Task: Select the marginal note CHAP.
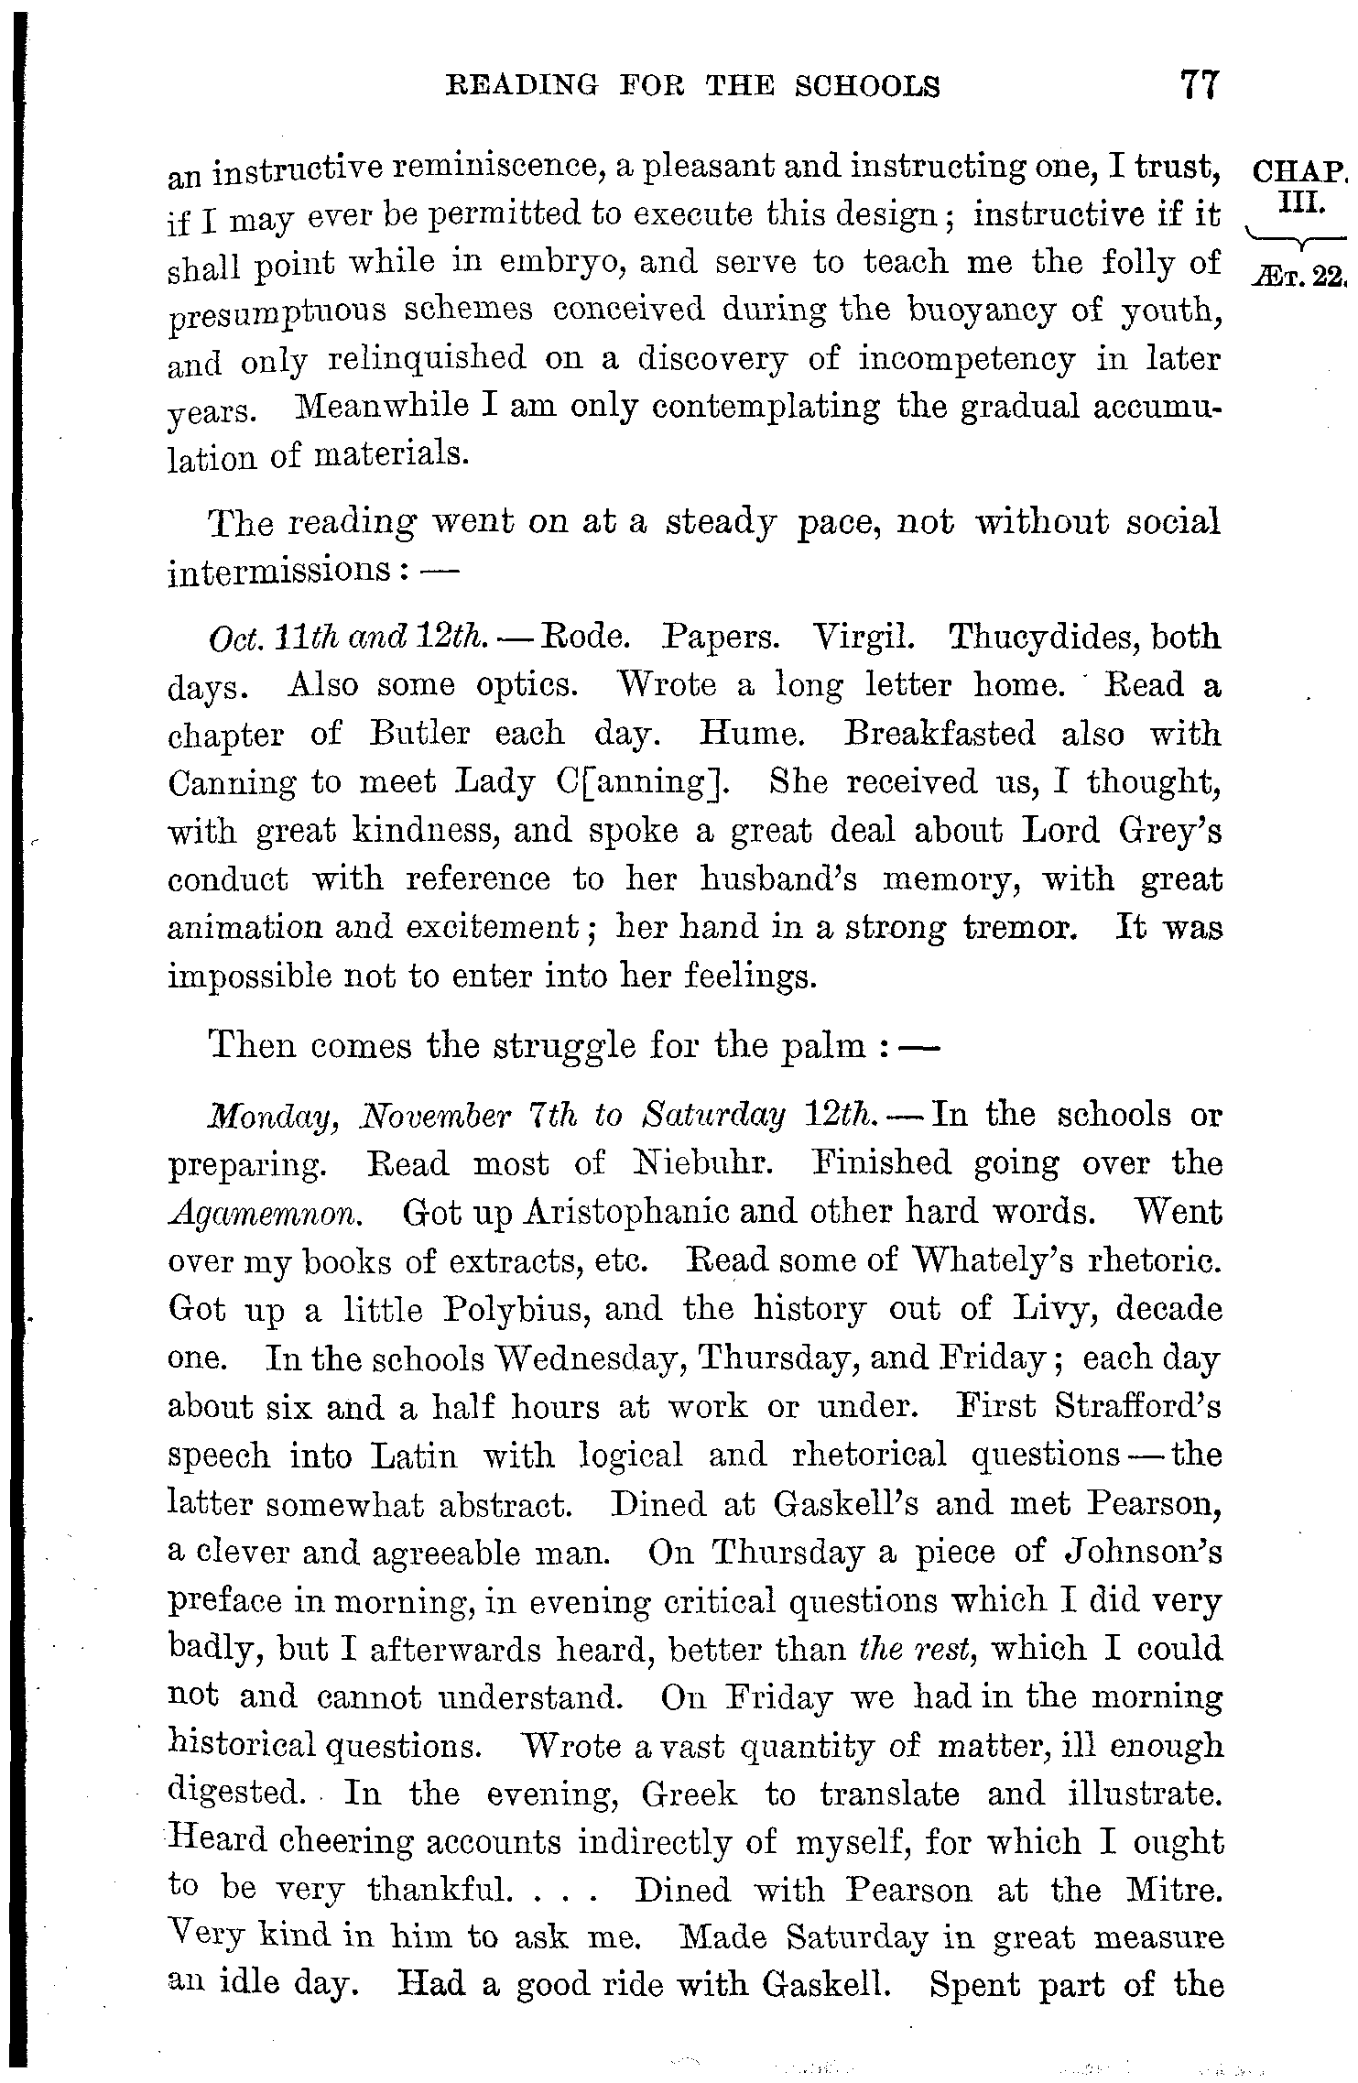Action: pyautogui.click(x=1298, y=171)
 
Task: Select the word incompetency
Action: pyautogui.click(x=966, y=359)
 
